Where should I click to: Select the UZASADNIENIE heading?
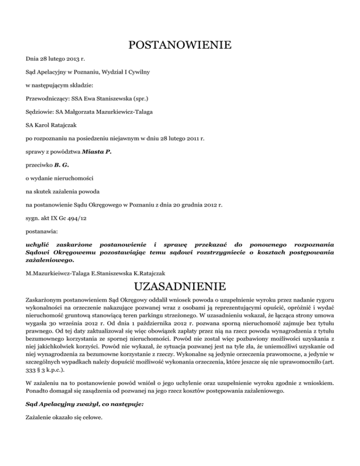click(x=180, y=286)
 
